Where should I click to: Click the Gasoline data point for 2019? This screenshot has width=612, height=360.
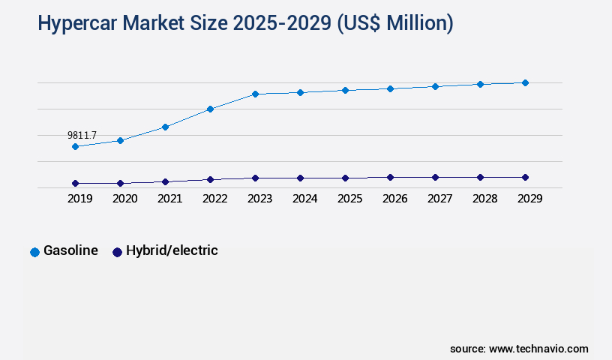coord(75,146)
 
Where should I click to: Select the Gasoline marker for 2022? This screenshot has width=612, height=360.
coord(210,109)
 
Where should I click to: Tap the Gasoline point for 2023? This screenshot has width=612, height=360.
coord(255,94)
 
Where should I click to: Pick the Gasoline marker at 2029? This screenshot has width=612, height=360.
coord(525,82)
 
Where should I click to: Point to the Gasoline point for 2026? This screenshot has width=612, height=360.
coord(390,88)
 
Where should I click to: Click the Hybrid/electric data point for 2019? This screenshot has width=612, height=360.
coord(75,183)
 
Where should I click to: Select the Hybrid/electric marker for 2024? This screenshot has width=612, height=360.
coord(300,178)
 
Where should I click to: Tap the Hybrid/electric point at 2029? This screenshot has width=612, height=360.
coord(525,177)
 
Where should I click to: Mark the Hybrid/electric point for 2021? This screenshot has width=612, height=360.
coord(165,181)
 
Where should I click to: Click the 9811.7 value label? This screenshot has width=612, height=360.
coord(82,135)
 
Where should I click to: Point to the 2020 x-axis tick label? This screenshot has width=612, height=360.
coord(124,199)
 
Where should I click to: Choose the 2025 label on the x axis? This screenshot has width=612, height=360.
coord(349,199)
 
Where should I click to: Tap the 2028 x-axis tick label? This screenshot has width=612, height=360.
coord(484,199)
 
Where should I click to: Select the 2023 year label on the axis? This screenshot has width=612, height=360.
coord(259,199)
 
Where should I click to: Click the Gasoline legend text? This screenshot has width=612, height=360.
coord(70,250)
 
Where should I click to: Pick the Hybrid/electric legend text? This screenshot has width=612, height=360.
coord(172,250)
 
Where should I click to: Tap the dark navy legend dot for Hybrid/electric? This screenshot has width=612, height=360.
coord(117,252)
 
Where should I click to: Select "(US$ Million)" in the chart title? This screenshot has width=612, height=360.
coord(395,24)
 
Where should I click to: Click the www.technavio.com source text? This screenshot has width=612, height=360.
coord(538,349)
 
